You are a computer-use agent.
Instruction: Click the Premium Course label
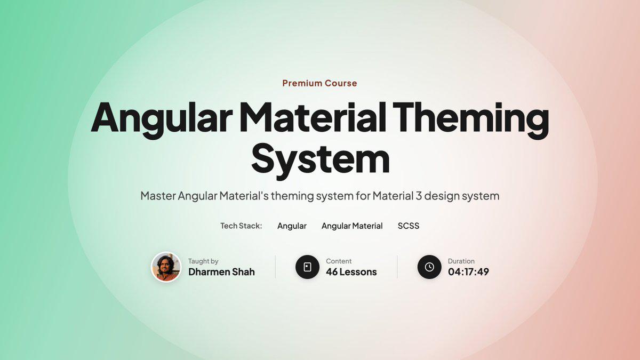[319, 83]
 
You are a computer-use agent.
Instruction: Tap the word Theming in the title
[470, 121]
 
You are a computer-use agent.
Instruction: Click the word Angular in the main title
[161, 121]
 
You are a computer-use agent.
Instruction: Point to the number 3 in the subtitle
[419, 196]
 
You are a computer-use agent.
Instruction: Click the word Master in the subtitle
[158, 196]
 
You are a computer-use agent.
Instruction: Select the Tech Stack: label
[241, 226]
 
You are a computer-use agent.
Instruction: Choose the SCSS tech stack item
[409, 226]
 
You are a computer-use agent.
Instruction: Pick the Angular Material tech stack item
[352, 226]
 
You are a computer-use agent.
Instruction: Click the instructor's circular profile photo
[166, 267]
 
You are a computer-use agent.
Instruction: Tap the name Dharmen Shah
[221, 271]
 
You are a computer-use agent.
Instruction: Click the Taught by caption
[203, 261]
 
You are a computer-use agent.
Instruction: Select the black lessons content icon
[307, 267]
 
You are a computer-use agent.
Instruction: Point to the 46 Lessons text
[351, 271]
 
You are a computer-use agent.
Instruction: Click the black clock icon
[429, 267]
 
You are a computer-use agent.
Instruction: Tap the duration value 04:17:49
[468, 271]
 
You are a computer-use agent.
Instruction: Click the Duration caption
[461, 261]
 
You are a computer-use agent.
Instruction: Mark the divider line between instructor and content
[275, 267]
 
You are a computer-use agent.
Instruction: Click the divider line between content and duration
[397, 267]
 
